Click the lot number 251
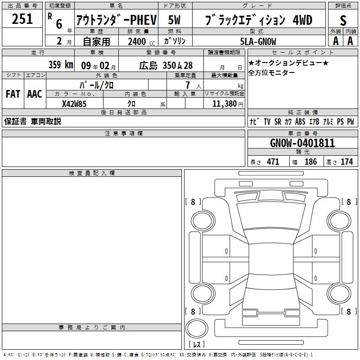[22, 19]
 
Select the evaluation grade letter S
[343, 20]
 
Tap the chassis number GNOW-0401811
[302, 143]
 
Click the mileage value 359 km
[61, 64]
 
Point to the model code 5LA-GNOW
[258, 41]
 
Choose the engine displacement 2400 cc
[141, 41]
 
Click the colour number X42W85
[74, 104]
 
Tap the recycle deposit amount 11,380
[224, 103]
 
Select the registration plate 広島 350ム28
[166, 65]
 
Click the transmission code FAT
[13, 94]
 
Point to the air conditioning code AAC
[35, 94]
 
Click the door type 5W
[174, 20]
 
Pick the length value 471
[273, 162]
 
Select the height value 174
[346, 162]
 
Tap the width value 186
[310, 162]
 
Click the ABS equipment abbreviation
[300, 121]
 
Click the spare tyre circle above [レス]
[197, 328]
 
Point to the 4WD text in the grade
[302, 20]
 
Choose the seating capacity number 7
[188, 85]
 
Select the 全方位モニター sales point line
[271, 72]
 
